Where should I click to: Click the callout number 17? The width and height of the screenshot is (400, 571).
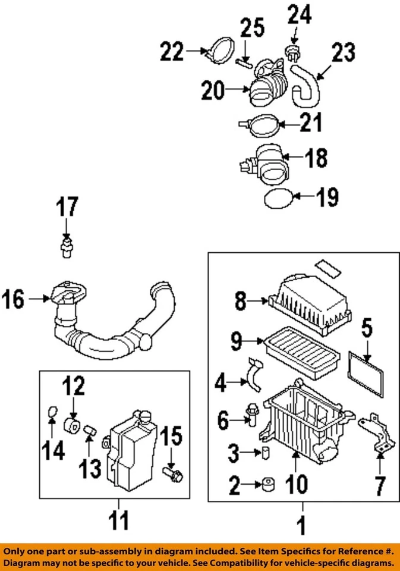[67, 208]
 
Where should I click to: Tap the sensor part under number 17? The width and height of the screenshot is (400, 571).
[66, 247]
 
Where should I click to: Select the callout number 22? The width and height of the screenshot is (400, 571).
[173, 53]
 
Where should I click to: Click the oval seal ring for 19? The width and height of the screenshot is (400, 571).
[278, 199]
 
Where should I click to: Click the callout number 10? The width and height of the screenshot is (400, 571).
[296, 484]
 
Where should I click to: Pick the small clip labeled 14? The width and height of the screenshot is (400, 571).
[51, 412]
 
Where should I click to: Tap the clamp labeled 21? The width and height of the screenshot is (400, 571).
[260, 125]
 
